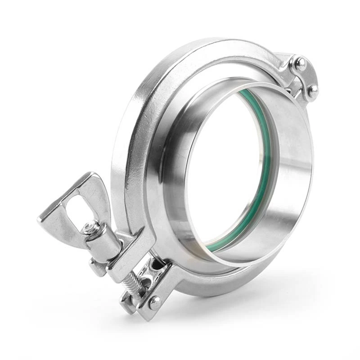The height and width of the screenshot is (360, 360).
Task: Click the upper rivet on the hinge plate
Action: (300, 63)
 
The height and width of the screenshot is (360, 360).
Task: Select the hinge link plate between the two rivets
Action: (306, 77)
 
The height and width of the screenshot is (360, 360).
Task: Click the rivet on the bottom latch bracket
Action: (154, 302)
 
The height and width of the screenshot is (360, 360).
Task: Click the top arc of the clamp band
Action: (202, 49)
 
